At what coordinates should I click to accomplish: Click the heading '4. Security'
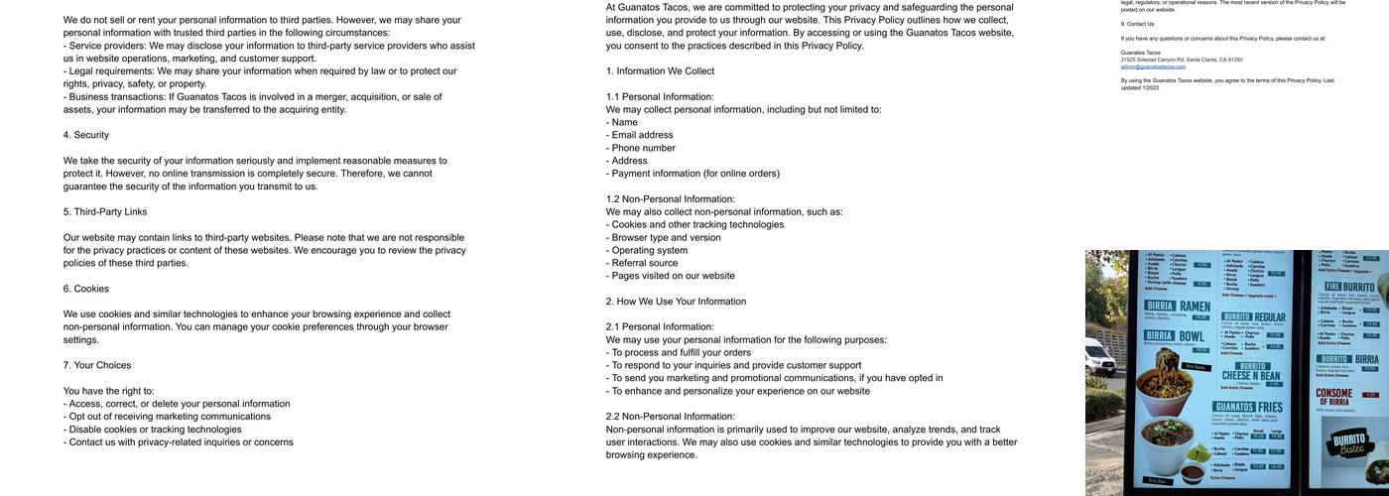click(86, 135)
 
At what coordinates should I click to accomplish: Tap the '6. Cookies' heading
click(86, 289)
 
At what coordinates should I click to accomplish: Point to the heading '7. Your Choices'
click(97, 365)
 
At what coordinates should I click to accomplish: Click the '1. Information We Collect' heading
click(660, 71)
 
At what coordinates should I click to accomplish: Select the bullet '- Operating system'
click(647, 250)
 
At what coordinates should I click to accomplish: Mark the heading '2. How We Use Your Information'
click(676, 302)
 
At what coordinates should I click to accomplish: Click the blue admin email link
click(1153, 66)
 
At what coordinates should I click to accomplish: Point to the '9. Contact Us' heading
click(1137, 24)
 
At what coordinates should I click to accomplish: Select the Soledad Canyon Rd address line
click(1182, 60)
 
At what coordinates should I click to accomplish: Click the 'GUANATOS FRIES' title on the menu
click(1248, 407)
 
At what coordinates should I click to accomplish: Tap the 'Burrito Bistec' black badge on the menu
click(1350, 443)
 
